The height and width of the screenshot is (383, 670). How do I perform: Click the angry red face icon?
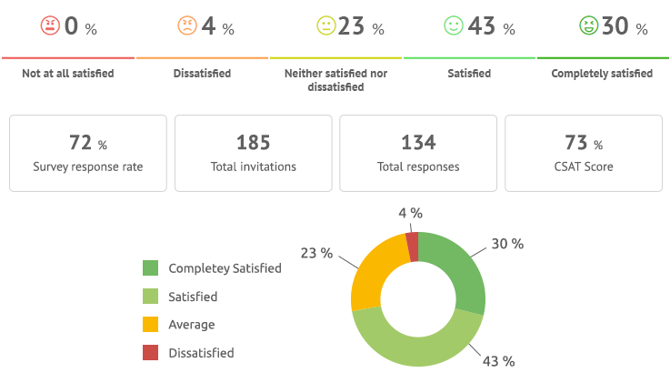[49, 26]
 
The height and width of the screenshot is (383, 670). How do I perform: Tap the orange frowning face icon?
[186, 26]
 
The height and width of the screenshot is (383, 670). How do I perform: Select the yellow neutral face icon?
[325, 26]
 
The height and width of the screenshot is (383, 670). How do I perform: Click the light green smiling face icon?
[453, 26]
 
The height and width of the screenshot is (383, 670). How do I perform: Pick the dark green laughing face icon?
[588, 26]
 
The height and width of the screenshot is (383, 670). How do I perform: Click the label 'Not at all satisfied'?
[68, 73]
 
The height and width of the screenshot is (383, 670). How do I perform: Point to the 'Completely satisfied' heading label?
[602, 73]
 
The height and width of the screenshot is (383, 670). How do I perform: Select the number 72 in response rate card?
[81, 143]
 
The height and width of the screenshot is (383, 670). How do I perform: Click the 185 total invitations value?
[253, 143]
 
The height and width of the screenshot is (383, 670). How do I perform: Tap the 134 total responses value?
[418, 143]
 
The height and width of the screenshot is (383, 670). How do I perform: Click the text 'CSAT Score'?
[584, 166]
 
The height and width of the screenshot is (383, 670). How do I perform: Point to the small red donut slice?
[412, 247]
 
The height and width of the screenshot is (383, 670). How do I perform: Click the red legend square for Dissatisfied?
[151, 352]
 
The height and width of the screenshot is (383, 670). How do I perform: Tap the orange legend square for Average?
[151, 324]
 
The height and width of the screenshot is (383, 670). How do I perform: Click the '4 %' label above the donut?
[410, 213]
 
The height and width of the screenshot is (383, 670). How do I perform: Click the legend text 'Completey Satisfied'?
[225, 268]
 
